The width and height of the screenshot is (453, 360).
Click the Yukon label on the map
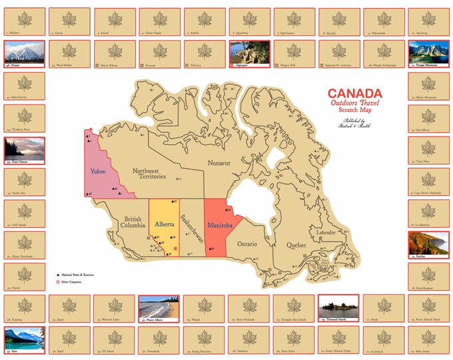point(99,171)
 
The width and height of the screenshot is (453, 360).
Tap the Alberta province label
point(165,225)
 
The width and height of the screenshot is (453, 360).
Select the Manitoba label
point(219,227)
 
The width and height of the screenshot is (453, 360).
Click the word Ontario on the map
point(246,244)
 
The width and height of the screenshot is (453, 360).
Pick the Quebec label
point(296,245)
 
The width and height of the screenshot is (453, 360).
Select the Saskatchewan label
point(190,230)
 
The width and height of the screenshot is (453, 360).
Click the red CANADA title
point(354,94)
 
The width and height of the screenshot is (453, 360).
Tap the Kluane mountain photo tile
point(24,53)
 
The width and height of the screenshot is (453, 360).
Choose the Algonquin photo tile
point(249,53)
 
